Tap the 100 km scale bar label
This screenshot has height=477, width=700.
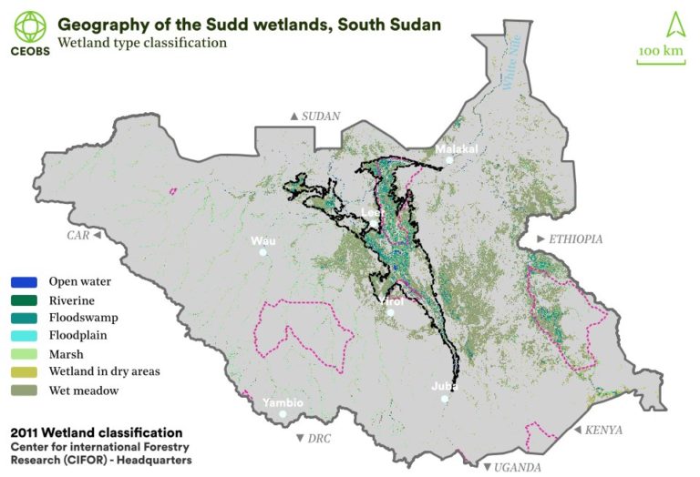(660, 51)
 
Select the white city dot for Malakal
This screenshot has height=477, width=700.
(449, 160)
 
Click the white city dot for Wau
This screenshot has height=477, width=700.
(262, 252)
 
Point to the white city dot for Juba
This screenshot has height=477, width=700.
(445, 399)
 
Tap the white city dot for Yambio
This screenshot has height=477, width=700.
(283, 414)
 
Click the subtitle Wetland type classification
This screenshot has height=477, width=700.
(140, 42)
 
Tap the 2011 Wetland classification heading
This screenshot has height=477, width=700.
(96, 432)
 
